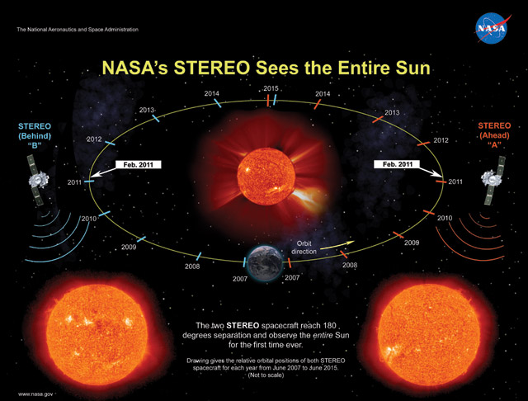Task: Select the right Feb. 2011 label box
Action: point(394,165)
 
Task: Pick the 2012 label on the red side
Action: point(441,140)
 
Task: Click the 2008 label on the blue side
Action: point(192,267)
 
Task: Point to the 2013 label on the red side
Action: point(392,112)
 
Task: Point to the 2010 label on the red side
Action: point(444,218)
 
